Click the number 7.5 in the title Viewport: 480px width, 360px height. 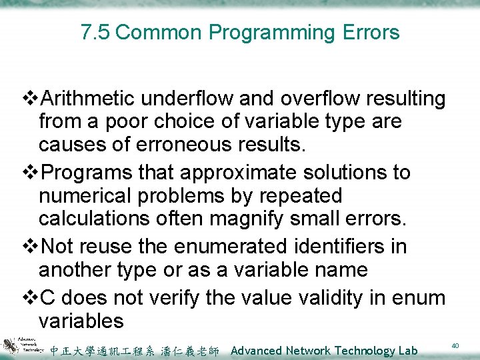(95, 32)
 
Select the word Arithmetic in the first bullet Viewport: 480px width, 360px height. (89, 99)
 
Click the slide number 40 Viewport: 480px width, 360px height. (455, 345)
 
